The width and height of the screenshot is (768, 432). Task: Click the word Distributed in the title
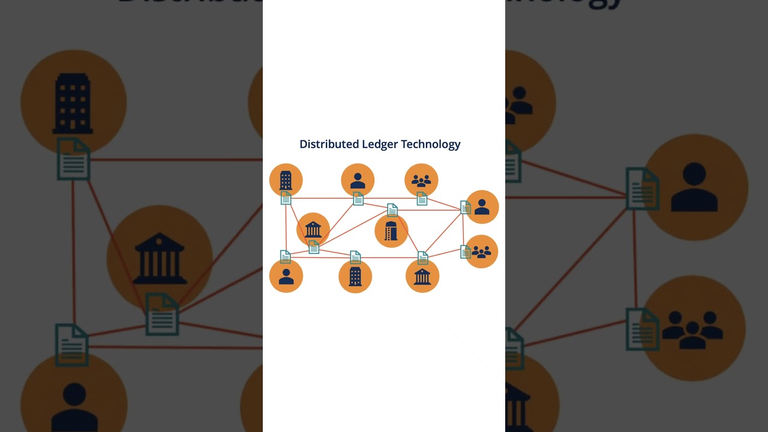pyautogui.click(x=329, y=144)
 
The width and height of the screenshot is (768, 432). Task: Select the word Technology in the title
pyautogui.click(x=431, y=144)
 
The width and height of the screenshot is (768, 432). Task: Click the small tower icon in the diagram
pyautogui.click(x=391, y=231)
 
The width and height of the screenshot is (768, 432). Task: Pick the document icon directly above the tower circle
pyautogui.click(x=392, y=210)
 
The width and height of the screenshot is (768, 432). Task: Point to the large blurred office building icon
pyautogui.click(x=73, y=103)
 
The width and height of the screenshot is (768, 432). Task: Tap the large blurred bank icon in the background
pyautogui.click(x=159, y=259)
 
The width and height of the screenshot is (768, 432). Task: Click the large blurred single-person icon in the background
pyautogui.click(x=694, y=187)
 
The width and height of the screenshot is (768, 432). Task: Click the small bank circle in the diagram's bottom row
pyautogui.click(x=422, y=276)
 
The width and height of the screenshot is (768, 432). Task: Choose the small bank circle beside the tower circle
pyautogui.click(x=313, y=229)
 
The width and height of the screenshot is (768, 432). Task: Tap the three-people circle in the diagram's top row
pyautogui.click(x=421, y=180)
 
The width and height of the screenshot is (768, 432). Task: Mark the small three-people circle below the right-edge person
pyautogui.click(x=482, y=251)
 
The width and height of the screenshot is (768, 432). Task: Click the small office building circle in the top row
pyautogui.click(x=286, y=180)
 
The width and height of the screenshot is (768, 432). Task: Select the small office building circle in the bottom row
pyautogui.click(x=355, y=277)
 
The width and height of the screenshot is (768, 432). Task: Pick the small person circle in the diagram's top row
pyautogui.click(x=358, y=180)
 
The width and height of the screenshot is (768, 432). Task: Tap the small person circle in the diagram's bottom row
pyautogui.click(x=286, y=276)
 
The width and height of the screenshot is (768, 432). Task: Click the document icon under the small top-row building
pyautogui.click(x=286, y=198)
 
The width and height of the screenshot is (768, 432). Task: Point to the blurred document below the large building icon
pyautogui.click(x=73, y=159)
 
